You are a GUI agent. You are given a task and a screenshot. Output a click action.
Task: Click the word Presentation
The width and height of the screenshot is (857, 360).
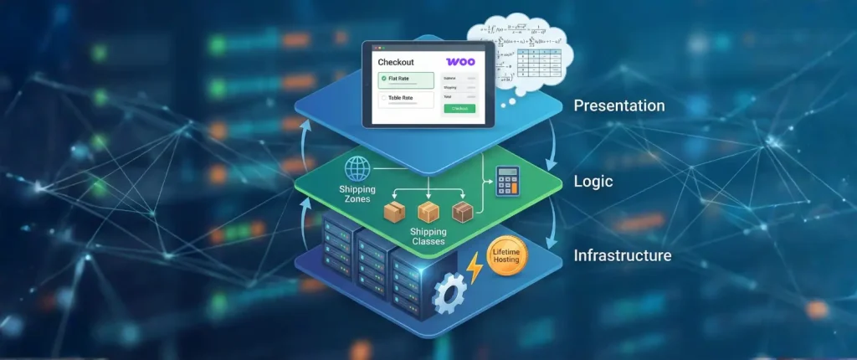(x=618, y=106)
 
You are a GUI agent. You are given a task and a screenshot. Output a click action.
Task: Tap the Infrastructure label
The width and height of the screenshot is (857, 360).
(x=623, y=255)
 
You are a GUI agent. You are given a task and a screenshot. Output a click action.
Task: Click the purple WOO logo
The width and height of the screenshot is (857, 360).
(x=460, y=62)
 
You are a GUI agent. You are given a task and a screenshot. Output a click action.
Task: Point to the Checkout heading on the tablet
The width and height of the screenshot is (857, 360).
(x=397, y=62)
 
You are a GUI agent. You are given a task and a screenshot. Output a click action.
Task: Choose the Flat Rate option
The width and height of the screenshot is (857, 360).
(x=406, y=80)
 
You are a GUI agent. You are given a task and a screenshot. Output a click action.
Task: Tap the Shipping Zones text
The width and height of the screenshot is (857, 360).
(x=357, y=194)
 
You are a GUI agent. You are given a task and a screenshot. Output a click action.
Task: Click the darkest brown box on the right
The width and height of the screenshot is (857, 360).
(x=462, y=211)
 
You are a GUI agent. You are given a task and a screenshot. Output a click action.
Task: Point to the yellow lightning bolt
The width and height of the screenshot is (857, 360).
(x=475, y=268)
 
